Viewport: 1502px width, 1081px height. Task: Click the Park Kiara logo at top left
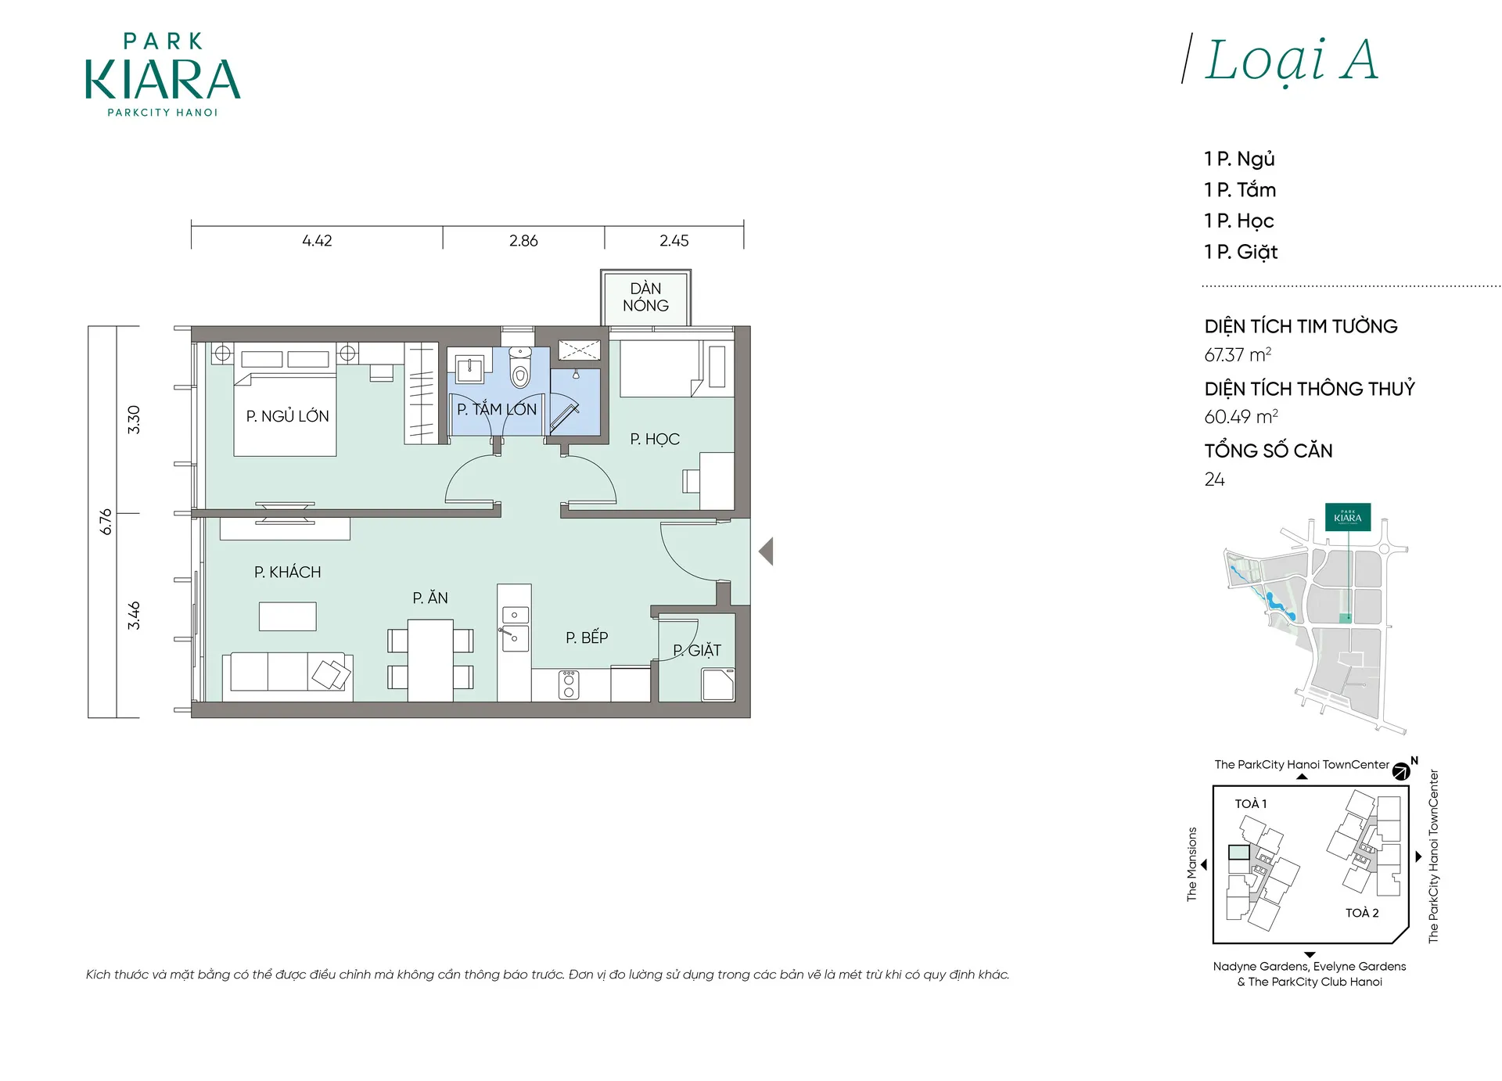[163, 75]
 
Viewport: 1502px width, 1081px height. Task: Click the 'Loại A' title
[1290, 60]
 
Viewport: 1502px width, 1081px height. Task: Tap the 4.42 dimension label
[317, 241]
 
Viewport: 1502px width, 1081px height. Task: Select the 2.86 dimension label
[523, 241]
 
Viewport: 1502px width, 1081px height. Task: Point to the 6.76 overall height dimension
[106, 522]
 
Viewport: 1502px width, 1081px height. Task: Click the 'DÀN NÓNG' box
[645, 297]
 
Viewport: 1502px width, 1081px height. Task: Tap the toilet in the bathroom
[520, 368]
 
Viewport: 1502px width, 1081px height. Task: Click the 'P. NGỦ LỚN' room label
[287, 416]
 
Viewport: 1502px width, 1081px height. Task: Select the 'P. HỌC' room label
[655, 440]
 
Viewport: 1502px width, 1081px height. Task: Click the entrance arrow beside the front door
[766, 551]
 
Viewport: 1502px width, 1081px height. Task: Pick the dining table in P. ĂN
[430, 660]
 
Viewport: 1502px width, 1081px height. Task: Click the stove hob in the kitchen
[569, 684]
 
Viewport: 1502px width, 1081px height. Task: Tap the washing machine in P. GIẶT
[718, 684]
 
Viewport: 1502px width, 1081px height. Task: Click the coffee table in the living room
[288, 616]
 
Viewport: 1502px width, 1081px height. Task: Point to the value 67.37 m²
[1238, 355]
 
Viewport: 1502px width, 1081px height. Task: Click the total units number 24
[1214, 479]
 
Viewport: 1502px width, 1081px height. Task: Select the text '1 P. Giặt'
[1241, 252]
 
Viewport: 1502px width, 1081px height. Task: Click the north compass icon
[1401, 772]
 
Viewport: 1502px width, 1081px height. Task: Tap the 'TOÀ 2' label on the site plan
[1362, 913]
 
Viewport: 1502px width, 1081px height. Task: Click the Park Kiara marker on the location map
[1348, 517]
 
